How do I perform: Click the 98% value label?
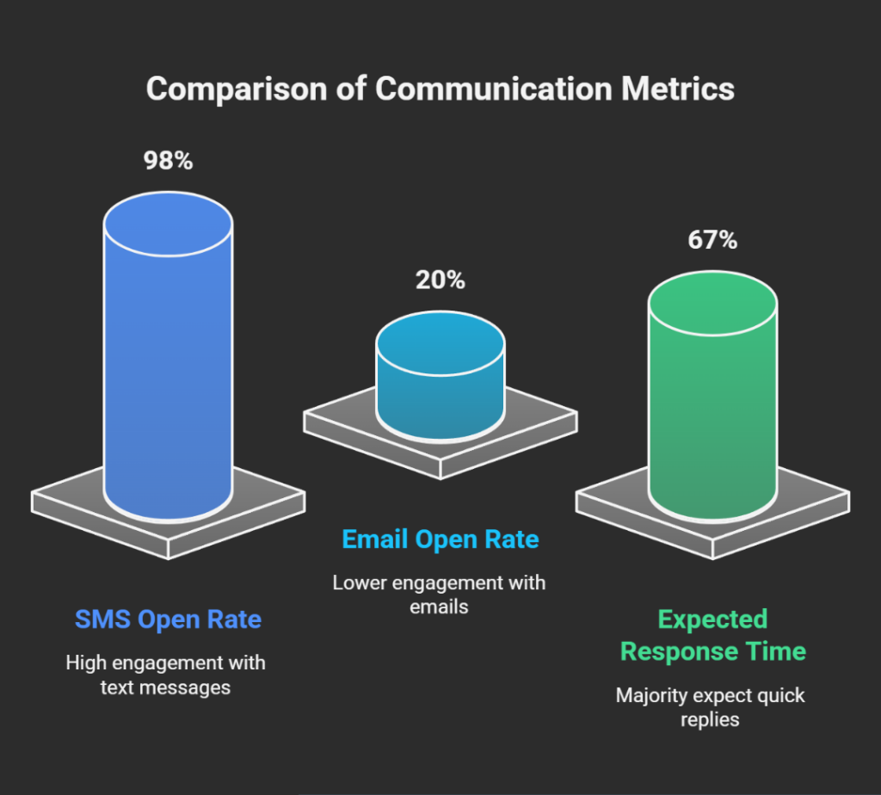168,161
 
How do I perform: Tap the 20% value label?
440,280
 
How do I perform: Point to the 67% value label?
712,240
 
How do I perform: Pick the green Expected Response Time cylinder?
712,422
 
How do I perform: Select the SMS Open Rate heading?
168,619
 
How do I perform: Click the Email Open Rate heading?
440,539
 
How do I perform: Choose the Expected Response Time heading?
712,635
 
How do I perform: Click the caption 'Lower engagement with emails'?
440,595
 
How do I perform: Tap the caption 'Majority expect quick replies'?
711,706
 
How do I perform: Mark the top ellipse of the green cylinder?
712,305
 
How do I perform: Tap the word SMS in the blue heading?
102,619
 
